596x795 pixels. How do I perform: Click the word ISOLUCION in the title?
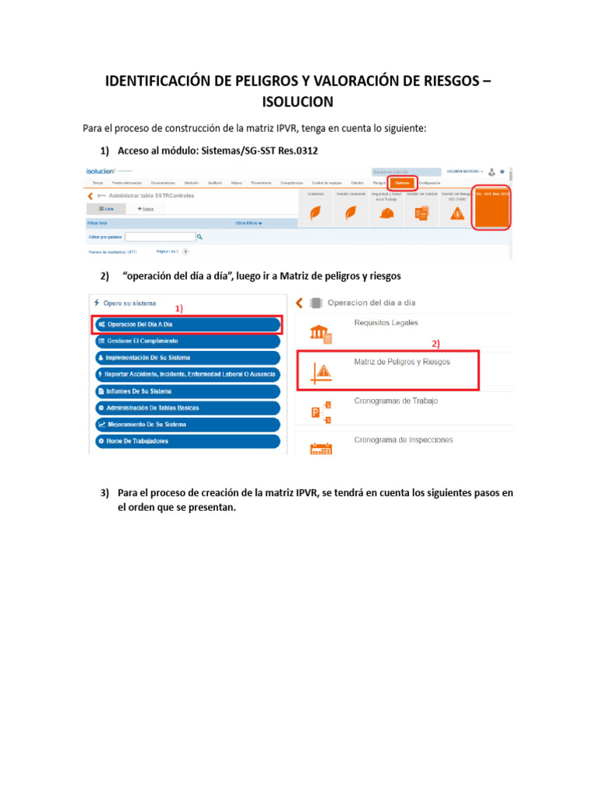[298, 102]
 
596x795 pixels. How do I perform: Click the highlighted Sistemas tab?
[402, 183]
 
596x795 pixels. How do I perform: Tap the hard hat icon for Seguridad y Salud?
[386, 214]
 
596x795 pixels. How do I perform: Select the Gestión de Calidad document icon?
[421, 214]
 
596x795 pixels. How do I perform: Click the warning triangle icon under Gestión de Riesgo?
[457, 214]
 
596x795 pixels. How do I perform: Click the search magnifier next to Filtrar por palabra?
[199, 238]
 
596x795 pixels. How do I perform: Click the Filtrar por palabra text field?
[160, 238]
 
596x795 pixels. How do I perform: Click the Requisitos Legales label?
[386, 322]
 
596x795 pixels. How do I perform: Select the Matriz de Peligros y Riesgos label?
[402, 362]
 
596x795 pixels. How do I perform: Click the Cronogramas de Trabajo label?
[396, 401]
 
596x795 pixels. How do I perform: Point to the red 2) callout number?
[435, 342]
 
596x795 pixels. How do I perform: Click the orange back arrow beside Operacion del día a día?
[299, 303]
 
